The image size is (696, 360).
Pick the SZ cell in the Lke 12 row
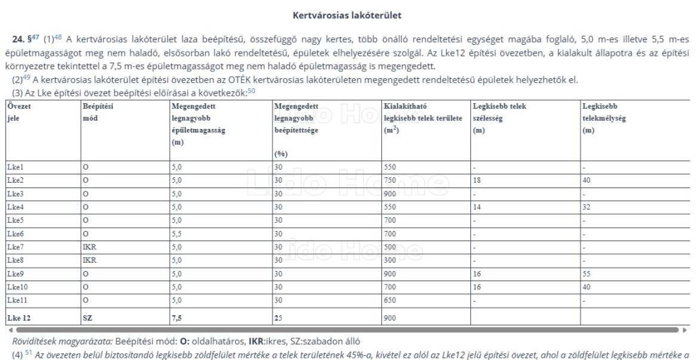(87, 317)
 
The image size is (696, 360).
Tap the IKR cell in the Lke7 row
(90, 247)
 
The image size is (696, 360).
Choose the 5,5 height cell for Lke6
(177, 233)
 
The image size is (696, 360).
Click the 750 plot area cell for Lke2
(389, 180)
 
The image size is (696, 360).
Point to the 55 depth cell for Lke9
(587, 273)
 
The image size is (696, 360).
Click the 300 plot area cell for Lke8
(389, 259)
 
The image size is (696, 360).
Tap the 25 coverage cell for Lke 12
(278, 317)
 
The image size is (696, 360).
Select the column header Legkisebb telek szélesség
(499, 112)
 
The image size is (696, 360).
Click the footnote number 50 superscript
(251, 90)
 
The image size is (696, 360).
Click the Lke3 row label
(15, 194)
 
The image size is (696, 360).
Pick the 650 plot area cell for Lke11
(389, 300)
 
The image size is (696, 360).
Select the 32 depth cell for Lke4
(587, 206)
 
